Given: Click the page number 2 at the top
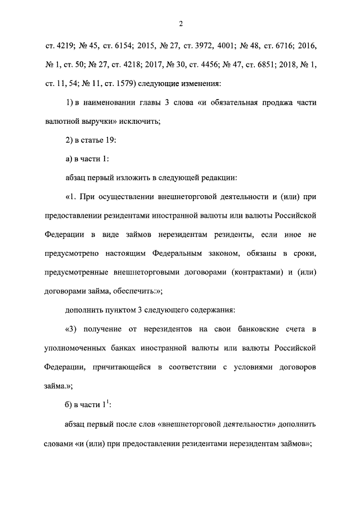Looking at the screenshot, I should tap(180, 24).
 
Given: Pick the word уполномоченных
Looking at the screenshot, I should tap(78, 348).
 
